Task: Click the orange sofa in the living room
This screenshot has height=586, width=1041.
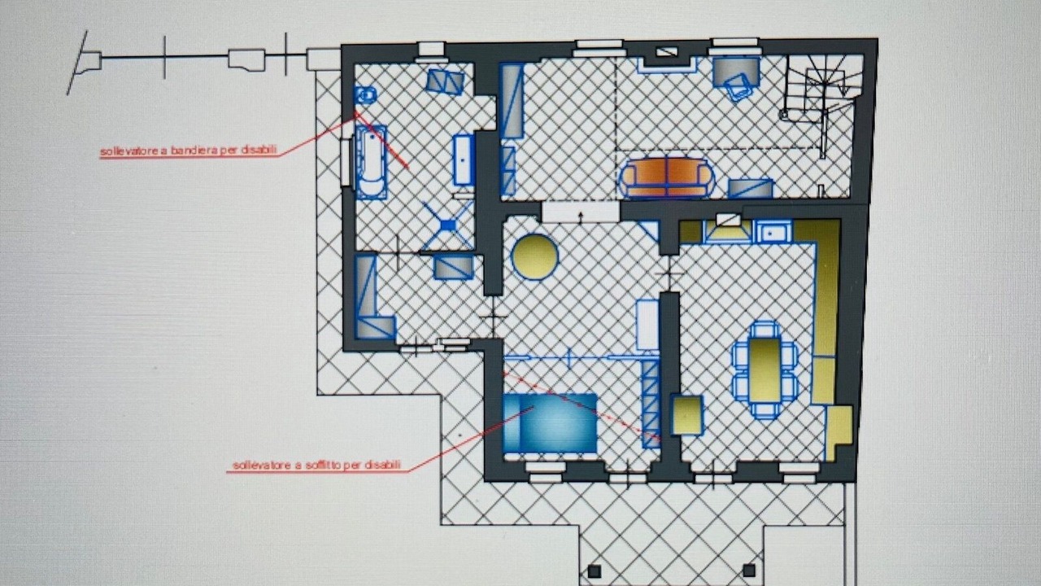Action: coord(666,177)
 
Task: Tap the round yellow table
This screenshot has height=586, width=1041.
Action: coord(534,256)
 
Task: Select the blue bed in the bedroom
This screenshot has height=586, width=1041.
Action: coord(550,423)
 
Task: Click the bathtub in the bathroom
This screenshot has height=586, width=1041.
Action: coord(371,162)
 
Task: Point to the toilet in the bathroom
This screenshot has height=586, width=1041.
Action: coord(365,95)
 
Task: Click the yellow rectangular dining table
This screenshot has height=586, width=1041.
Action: coord(764,370)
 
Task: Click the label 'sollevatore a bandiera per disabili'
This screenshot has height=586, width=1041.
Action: coord(189,151)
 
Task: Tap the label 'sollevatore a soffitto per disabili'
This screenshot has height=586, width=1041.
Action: coord(316,465)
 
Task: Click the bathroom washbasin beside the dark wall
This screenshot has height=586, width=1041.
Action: coord(463,160)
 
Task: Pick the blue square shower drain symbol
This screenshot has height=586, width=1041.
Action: coord(447,225)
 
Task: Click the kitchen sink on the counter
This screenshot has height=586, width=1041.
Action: coord(773,231)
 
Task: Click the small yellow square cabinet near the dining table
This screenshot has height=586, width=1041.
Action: coord(687,415)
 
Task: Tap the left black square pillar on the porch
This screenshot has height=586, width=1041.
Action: coord(594,571)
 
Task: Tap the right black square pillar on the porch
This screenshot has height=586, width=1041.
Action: coord(749,570)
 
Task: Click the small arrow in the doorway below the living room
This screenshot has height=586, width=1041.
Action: coord(581,217)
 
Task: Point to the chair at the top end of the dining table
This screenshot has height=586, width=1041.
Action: coord(764,330)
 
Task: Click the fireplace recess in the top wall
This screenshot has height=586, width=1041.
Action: coord(668,60)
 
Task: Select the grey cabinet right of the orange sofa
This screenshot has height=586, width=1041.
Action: coord(750,188)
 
